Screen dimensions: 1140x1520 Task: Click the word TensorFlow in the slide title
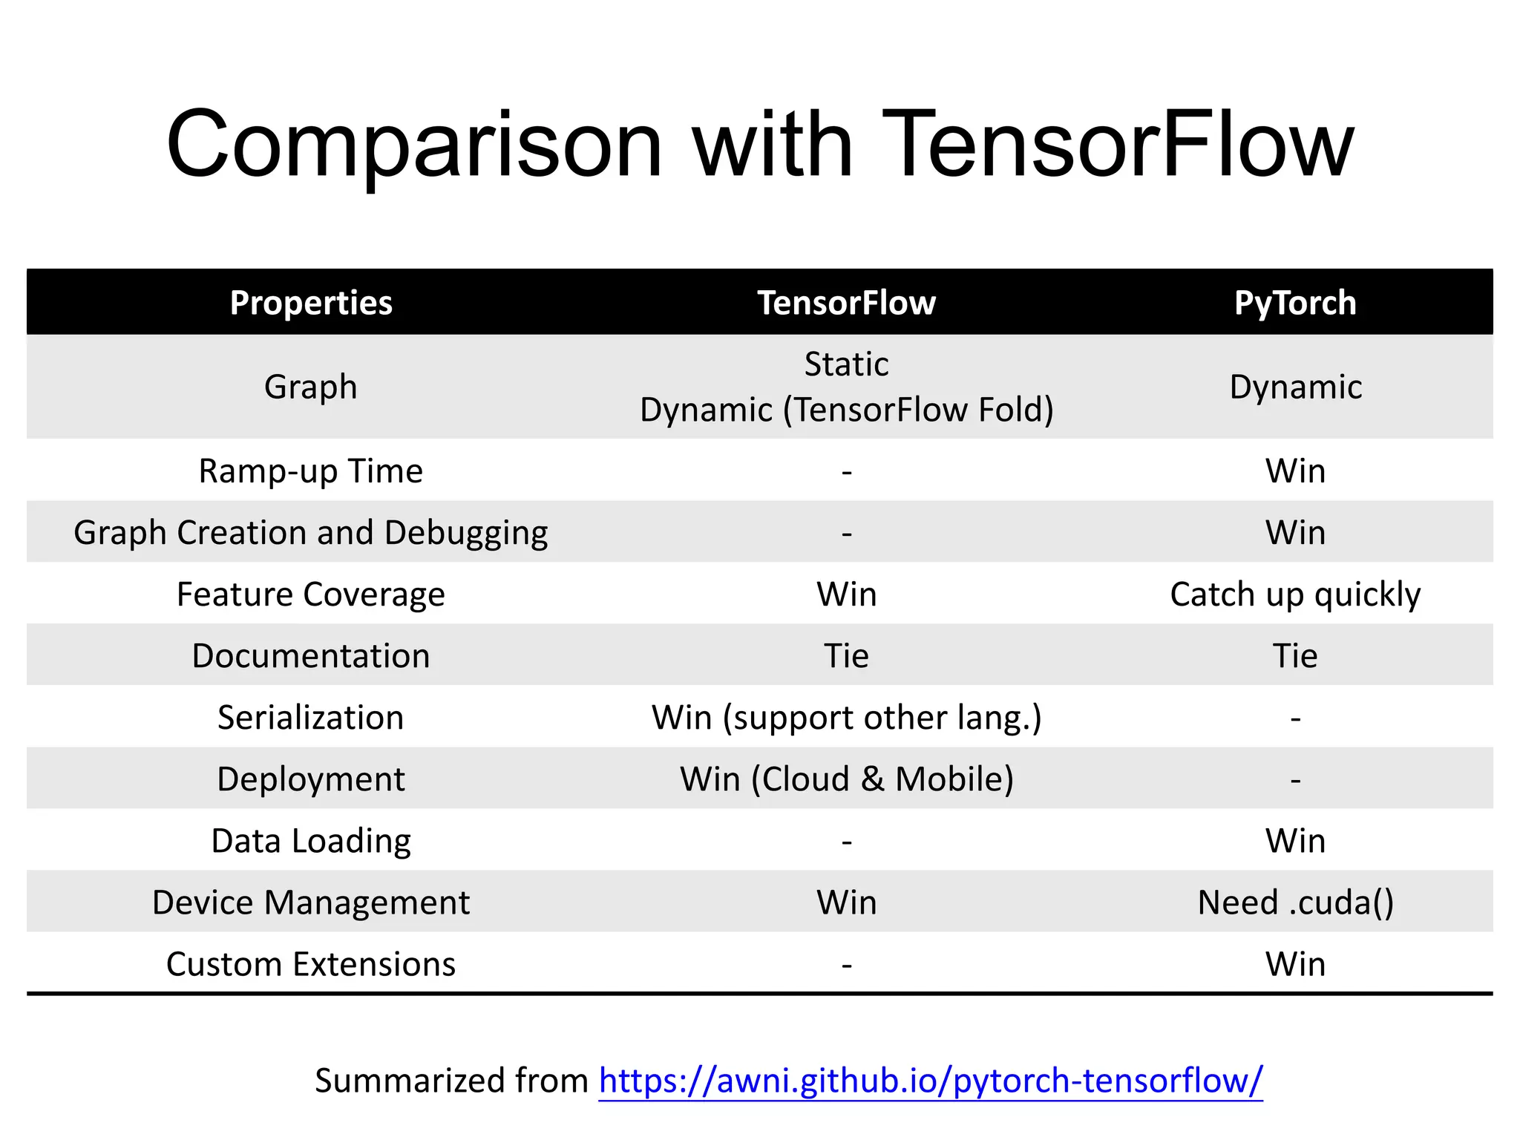1117,145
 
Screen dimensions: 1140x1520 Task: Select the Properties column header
311,303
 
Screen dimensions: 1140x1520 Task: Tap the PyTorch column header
1295,303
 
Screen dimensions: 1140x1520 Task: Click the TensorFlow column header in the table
846,303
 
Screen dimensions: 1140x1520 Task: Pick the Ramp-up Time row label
311,471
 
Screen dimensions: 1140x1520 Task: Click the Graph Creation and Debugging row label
311,533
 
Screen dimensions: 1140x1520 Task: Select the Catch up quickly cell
1295,594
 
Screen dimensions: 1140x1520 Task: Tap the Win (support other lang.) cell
846,718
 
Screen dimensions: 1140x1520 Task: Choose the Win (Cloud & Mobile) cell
846,779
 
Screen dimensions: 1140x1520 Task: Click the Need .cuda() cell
1295,902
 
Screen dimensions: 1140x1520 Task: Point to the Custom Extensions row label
311,964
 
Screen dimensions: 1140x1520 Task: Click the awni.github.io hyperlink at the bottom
931,1081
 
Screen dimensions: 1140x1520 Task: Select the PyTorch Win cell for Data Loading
1295,841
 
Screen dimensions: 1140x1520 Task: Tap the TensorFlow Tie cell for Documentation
846,656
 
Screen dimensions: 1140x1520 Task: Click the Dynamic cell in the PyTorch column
1295,387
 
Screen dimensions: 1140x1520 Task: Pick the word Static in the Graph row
846,364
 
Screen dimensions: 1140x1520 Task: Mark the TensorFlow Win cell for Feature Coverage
846,594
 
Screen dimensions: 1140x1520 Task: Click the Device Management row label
311,902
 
